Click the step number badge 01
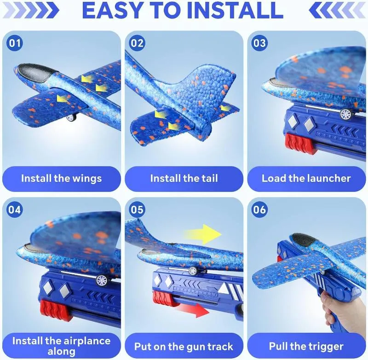[x=15, y=43]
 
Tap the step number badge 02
[x=137, y=43]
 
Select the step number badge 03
[x=259, y=43]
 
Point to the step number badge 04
[x=15, y=209]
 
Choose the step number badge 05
[x=137, y=209]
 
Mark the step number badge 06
[x=259, y=209]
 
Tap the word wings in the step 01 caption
[x=87, y=179]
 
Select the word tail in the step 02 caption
[x=208, y=178]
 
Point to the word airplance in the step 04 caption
[x=83, y=341]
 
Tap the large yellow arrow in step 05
[x=203, y=234]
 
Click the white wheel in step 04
[x=103, y=280]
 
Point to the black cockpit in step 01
[x=39, y=73]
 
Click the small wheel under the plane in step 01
[x=72, y=117]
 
